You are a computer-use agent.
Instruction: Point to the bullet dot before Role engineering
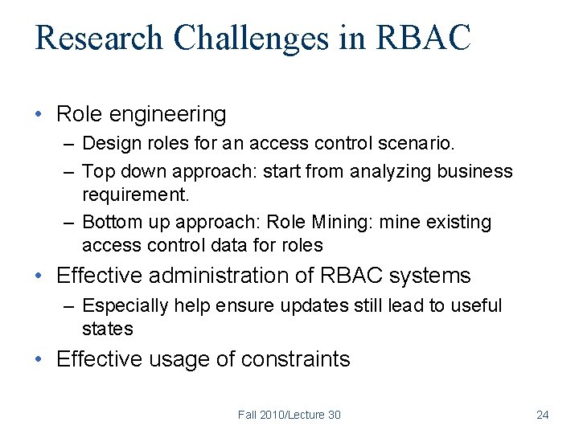point(39,115)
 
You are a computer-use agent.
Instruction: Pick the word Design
point(109,145)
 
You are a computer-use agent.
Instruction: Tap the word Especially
point(125,306)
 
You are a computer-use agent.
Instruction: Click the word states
point(107,329)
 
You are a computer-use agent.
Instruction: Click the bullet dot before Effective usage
point(39,359)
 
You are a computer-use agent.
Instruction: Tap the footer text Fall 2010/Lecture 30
point(289,415)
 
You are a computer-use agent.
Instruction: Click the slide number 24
point(542,415)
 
